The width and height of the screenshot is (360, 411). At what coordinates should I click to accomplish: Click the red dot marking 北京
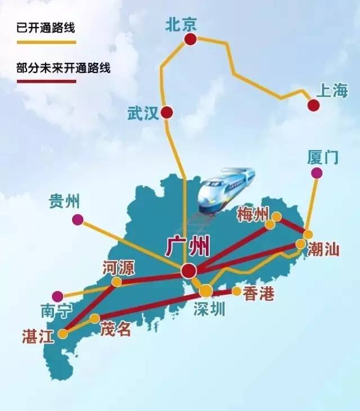point(191,39)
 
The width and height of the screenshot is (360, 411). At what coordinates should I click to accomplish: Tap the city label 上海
point(332,91)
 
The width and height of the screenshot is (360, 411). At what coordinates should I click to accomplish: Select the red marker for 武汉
point(166,112)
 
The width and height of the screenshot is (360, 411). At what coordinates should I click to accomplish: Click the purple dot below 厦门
point(317,173)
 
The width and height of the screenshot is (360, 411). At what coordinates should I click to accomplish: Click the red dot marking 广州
point(188,271)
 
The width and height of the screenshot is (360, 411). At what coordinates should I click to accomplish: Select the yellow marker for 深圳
point(206,290)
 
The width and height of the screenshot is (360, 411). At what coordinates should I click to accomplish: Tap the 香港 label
point(258,293)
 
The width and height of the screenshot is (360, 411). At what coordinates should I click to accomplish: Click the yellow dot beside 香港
point(237,291)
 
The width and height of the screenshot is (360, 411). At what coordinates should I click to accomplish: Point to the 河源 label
point(119,268)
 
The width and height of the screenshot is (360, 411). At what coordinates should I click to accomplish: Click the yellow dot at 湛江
point(63,333)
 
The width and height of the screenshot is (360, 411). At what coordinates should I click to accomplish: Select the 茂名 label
point(116,329)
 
